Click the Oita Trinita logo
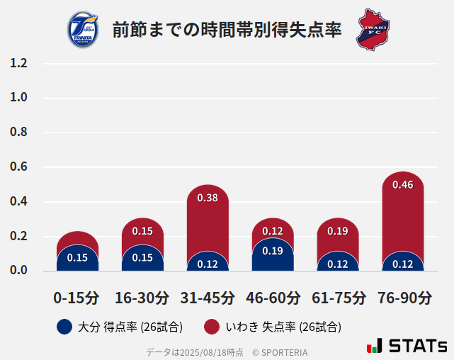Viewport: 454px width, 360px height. (x=82, y=30)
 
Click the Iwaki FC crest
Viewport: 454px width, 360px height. (x=373, y=29)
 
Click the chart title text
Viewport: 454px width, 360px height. (x=227, y=30)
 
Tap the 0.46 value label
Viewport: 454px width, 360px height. (x=402, y=185)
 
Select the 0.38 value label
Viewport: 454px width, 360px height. (x=208, y=198)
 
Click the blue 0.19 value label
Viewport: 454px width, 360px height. (x=273, y=250)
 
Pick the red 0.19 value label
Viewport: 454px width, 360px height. (x=337, y=231)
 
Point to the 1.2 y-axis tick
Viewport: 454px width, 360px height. (x=18, y=64)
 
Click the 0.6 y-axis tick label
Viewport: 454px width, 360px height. (x=18, y=167)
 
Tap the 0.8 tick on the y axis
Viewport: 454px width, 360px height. (x=18, y=133)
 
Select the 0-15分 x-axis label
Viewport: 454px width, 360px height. (x=76, y=298)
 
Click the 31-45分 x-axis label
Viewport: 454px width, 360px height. (x=208, y=298)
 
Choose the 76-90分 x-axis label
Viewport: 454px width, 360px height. (x=403, y=298)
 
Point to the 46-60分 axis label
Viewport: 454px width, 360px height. (x=273, y=298)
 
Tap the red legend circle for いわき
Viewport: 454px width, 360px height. (x=211, y=327)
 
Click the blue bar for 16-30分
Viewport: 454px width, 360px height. (x=142, y=259)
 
